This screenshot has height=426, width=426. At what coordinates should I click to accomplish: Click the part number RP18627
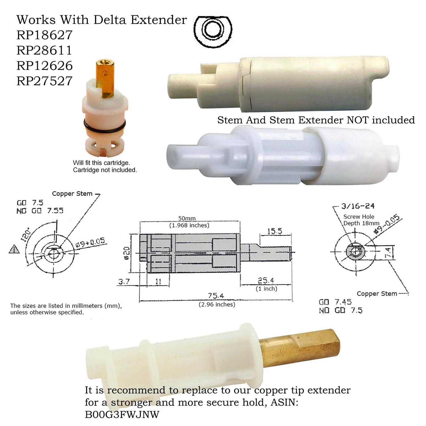45,35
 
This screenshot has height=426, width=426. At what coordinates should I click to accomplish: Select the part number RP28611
45,51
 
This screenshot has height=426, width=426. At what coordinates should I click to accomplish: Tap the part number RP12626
45,66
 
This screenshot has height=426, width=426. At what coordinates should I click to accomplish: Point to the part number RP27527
45,81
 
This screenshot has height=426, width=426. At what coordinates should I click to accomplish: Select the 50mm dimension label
187,218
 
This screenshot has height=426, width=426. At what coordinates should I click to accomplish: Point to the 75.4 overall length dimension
216,296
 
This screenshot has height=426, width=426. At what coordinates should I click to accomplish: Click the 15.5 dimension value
275,231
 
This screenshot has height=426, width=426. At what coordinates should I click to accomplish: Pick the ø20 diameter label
127,252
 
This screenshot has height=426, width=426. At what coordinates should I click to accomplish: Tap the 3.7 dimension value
124,282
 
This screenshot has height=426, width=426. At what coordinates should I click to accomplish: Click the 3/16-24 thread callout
358,206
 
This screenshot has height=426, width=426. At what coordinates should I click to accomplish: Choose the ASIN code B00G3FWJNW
122,414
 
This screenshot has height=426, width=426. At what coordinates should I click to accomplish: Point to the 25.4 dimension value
266,281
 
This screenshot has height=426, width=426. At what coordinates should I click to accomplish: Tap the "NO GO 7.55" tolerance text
40,211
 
